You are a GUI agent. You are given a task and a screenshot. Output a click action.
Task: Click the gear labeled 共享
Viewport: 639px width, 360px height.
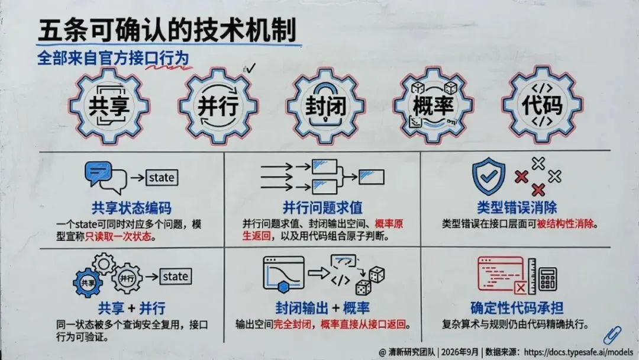click(x=109, y=106)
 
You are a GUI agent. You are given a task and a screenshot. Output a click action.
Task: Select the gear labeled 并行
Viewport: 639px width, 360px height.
click(x=218, y=106)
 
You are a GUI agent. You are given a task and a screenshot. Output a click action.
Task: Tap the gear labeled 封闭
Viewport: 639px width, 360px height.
click(x=326, y=106)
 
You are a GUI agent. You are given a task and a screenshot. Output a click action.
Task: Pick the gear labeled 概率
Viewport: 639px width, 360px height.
click(x=433, y=106)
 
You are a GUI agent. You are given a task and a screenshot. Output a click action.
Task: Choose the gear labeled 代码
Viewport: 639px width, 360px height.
click(x=543, y=105)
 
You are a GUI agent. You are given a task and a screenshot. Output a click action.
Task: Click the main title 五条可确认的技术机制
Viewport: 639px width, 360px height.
click(x=167, y=30)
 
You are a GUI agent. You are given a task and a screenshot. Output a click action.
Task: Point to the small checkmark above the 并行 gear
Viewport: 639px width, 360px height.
click(x=250, y=68)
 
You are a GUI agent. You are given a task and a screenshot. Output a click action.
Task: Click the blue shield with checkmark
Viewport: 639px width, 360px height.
click(x=489, y=176)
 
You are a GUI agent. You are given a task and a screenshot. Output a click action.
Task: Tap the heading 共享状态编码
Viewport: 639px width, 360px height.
click(x=131, y=208)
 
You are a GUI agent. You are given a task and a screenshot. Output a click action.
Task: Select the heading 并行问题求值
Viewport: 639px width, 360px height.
click(x=323, y=208)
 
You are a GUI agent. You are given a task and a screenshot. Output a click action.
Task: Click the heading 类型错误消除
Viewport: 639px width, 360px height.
click(x=517, y=207)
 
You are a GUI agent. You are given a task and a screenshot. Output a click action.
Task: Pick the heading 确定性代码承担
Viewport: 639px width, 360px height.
click(x=517, y=308)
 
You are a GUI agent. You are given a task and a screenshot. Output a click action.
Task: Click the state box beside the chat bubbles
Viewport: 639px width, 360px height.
click(x=162, y=178)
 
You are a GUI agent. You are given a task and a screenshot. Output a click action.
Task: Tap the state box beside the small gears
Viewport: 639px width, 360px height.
click(x=176, y=277)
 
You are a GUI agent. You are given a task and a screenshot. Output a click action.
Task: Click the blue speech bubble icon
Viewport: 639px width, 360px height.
click(x=98, y=173)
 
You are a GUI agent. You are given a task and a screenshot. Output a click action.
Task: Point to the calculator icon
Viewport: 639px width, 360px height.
click(x=547, y=279)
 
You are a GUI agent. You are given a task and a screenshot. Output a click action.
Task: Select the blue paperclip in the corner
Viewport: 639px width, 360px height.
click(x=612, y=335)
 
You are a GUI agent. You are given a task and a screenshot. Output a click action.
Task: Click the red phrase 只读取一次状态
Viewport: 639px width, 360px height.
click(x=118, y=237)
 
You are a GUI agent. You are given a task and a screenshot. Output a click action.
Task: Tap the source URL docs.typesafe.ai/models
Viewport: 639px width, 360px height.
click(x=579, y=352)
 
